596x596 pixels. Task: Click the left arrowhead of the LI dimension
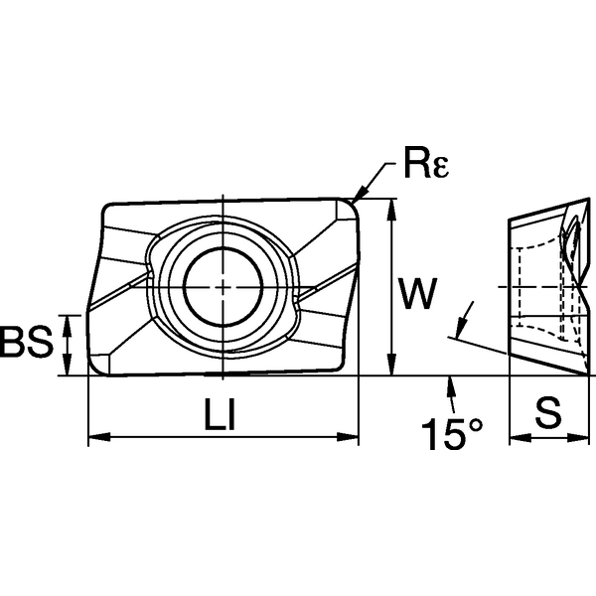(96, 436)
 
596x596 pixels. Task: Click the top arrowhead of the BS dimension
(68, 320)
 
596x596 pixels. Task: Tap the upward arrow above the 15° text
(451, 385)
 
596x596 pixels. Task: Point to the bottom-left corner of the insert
(93, 371)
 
